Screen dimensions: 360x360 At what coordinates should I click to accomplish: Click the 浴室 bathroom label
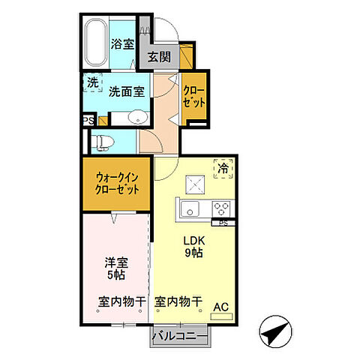click(x=124, y=43)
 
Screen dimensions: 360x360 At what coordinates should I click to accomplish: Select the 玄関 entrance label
click(x=157, y=57)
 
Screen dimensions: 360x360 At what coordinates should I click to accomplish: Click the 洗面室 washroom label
click(x=127, y=91)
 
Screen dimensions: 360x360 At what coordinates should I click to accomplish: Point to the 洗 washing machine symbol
click(x=91, y=83)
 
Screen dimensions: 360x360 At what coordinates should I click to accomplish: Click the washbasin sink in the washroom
click(x=136, y=118)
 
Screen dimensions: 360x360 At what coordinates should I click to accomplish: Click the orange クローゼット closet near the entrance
click(x=194, y=97)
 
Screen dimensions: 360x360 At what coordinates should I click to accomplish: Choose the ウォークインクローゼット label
click(x=118, y=184)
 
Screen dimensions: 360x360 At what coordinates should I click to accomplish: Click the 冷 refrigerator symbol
click(x=223, y=169)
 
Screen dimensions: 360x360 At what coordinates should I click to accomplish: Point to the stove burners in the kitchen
click(x=222, y=208)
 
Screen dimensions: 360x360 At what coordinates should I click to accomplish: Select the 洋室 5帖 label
click(x=116, y=269)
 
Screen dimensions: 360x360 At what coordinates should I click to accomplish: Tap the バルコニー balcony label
click(x=179, y=336)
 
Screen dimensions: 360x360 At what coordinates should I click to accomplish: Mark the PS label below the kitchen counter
click(x=223, y=223)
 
